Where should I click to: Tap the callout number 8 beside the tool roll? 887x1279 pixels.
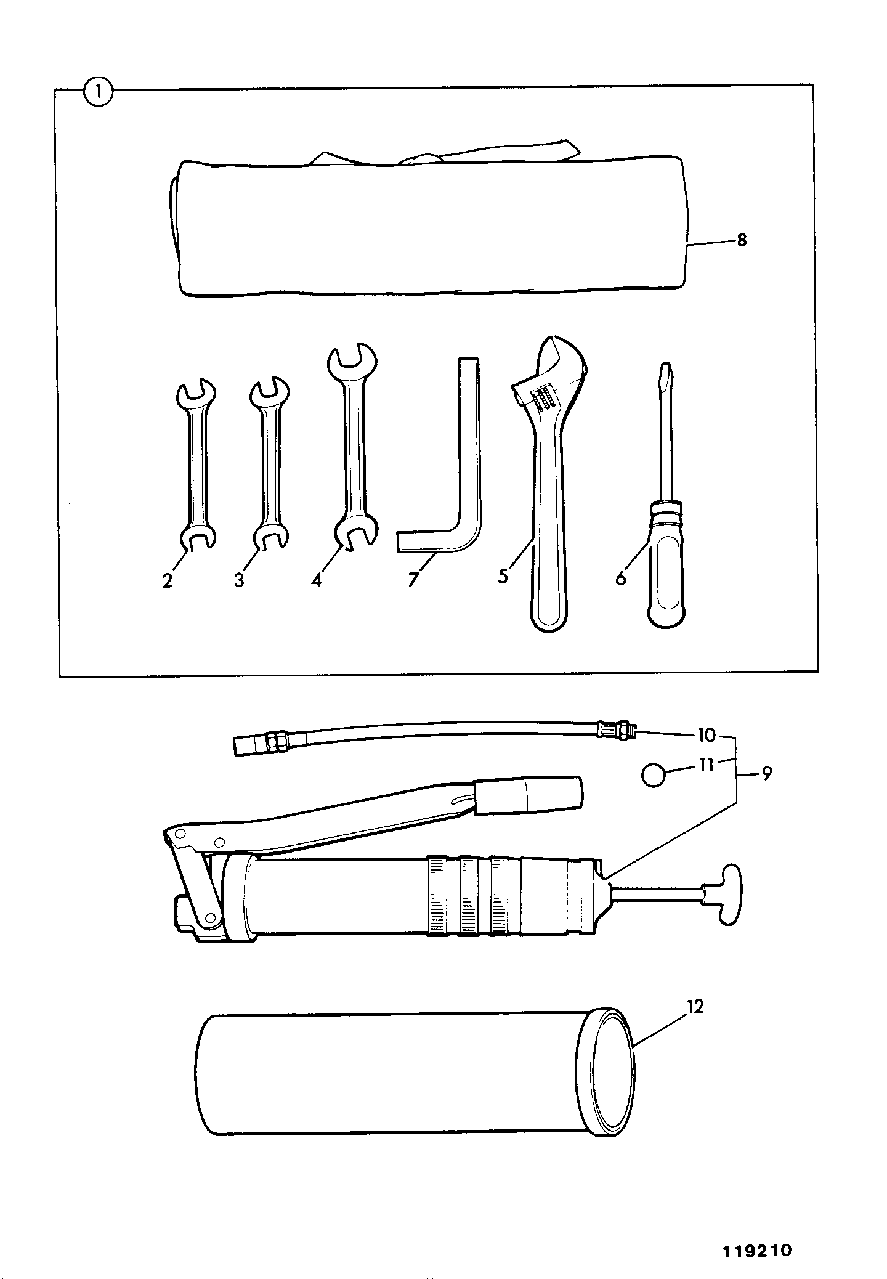(741, 240)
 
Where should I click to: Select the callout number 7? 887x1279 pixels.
(413, 580)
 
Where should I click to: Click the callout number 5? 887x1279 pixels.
(503, 577)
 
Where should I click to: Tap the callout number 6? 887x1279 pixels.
(620, 579)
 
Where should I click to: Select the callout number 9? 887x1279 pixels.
(766, 774)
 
